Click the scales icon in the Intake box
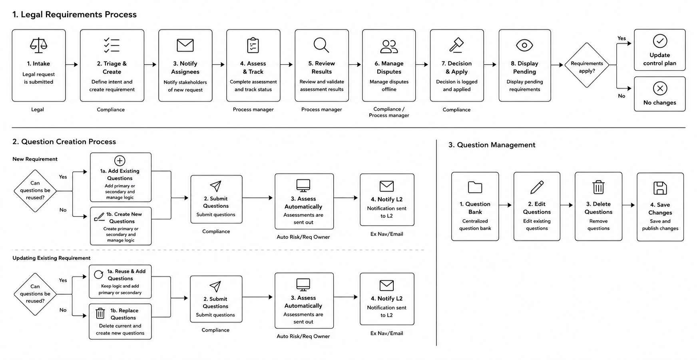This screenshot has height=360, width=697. [x=38, y=46]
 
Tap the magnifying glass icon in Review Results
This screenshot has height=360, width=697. [x=321, y=45]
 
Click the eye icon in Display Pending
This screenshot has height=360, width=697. [x=524, y=45]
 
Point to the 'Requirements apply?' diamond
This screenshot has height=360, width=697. [x=587, y=65]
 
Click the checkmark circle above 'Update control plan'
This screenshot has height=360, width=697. [x=660, y=41]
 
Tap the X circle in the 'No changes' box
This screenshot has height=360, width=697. [x=660, y=88]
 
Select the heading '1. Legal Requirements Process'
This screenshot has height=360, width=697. [x=74, y=14]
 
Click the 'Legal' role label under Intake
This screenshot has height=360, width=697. [x=38, y=109]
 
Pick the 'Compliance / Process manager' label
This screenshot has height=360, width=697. [x=389, y=112]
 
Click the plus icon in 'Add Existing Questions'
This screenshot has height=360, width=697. [x=119, y=161]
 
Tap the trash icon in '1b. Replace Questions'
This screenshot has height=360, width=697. [x=100, y=313]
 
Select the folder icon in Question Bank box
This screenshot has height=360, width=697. [x=475, y=187]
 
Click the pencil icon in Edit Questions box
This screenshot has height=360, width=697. [x=537, y=187]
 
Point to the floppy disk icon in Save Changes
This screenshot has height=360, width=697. [x=660, y=188]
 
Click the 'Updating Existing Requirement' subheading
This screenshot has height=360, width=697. [x=51, y=258]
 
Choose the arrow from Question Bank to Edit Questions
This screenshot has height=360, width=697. [x=505, y=205]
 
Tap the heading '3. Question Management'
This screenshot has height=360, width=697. [x=492, y=145]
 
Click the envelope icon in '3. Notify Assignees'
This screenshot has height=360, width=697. [x=185, y=45]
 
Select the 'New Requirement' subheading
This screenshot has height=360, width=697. [x=35, y=159]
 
